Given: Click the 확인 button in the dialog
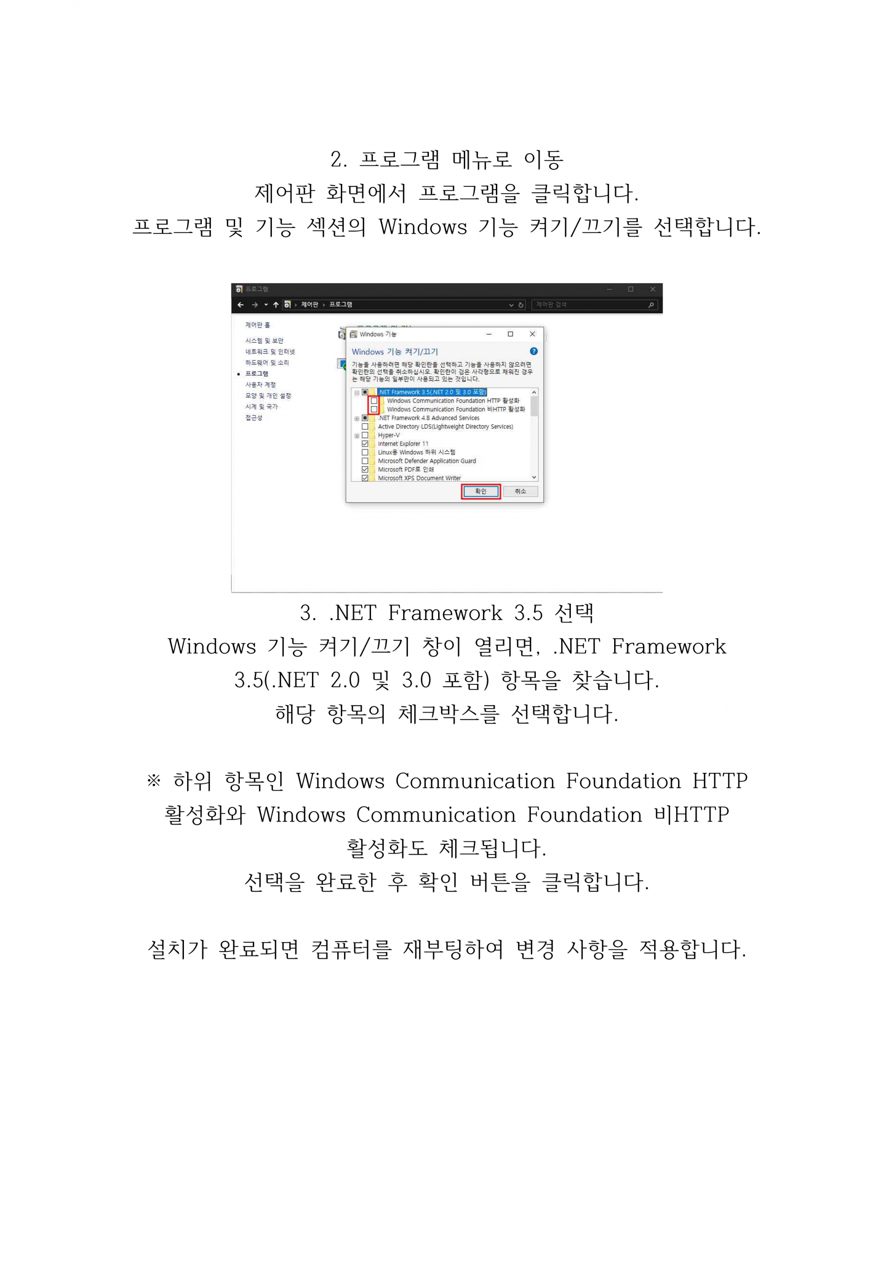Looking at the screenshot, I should (x=480, y=491).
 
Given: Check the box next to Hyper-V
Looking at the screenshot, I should (x=365, y=435).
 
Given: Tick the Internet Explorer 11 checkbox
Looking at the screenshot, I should (x=365, y=444).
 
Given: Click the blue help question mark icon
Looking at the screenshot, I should (x=534, y=351).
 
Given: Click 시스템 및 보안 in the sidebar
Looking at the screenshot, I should (x=264, y=341).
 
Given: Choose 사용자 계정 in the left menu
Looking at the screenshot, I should (x=260, y=385).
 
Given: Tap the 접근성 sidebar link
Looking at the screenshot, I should (x=254, y=418).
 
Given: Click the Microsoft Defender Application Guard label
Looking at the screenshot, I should (x=427, y=461).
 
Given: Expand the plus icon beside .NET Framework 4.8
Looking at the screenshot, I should (x=357, y=418).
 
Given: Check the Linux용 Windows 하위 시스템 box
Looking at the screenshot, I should (x=365, y=452).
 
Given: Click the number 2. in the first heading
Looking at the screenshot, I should (x=339, y=160).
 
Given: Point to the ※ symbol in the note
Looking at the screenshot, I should (x=154, y=780).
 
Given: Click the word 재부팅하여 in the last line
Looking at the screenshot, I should (x=453, y=949).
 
